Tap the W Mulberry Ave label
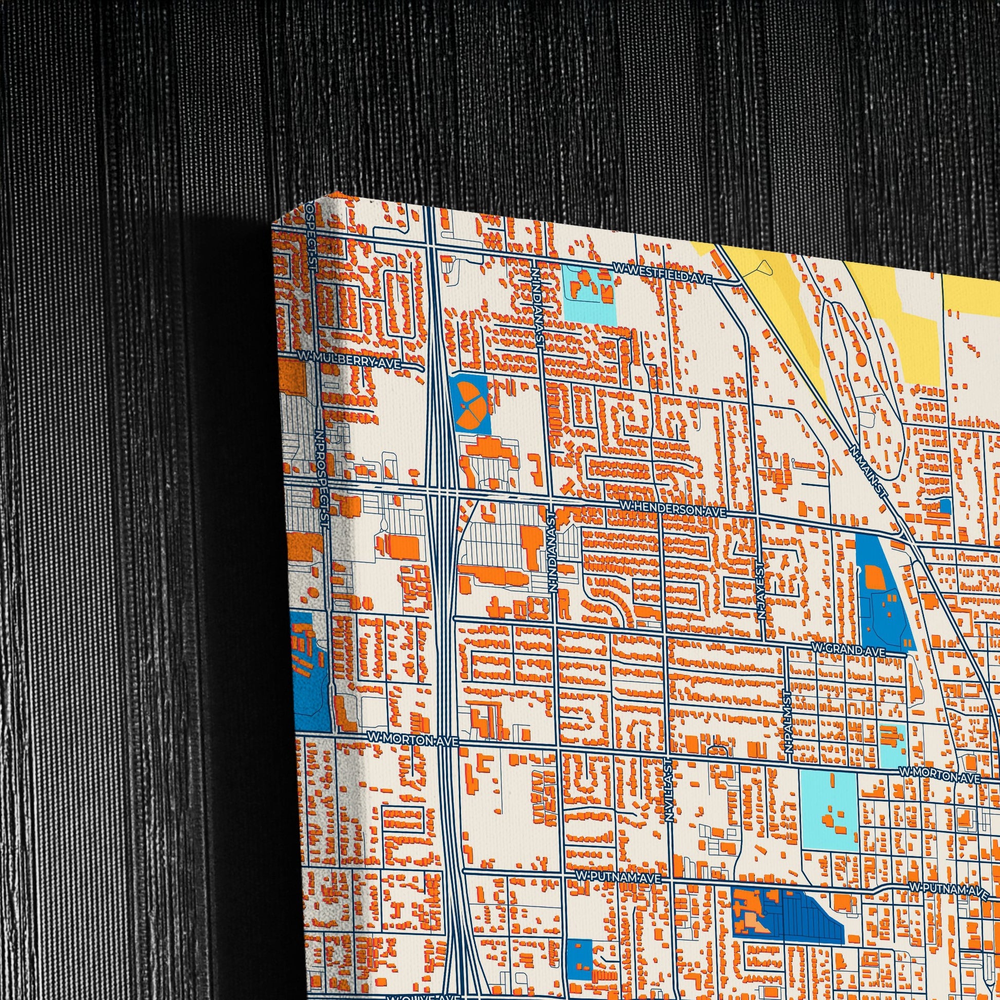pyautogui.click(x=350, y=361)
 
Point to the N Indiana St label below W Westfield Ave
pyautogui.click(x=538, y=305)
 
